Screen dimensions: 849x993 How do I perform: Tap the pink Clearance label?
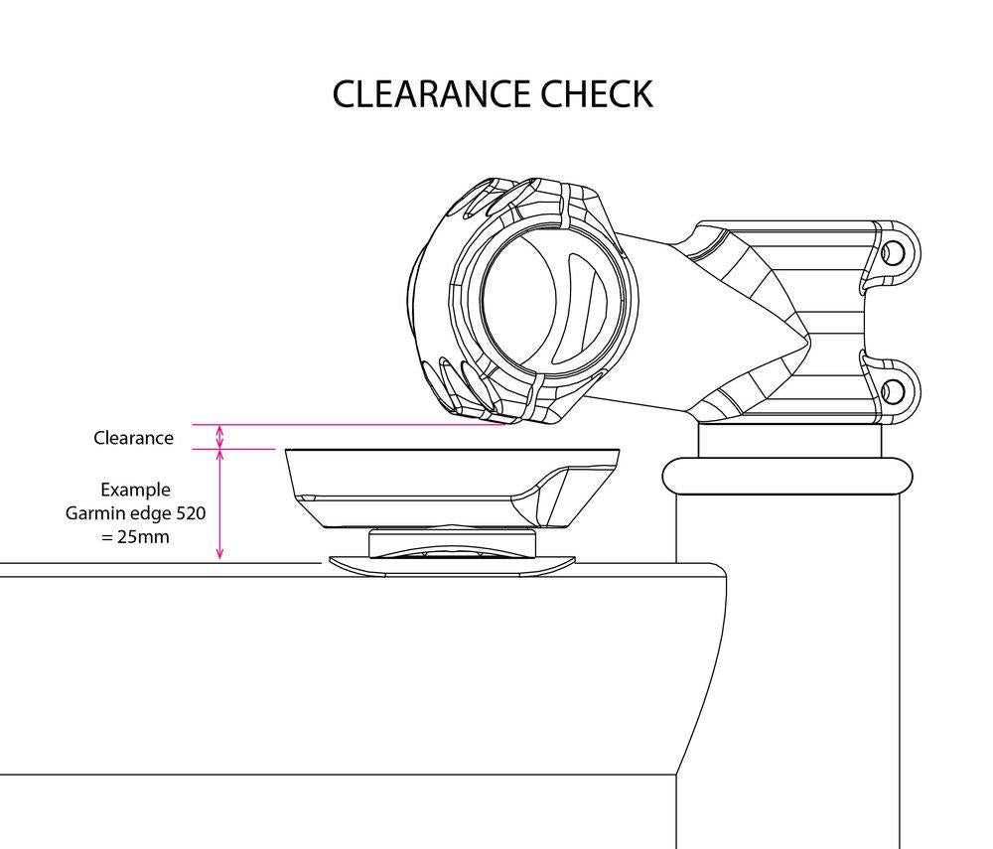[133, 438]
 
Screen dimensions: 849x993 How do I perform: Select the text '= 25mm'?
[135, 536]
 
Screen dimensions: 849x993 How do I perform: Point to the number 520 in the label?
[190, 513]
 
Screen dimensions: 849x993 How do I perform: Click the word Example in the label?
[135, 491]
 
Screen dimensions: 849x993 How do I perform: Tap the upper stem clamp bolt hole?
[892, 252]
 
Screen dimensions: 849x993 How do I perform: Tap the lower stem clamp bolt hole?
[892, 387]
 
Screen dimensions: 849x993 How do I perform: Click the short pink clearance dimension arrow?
[220, 437]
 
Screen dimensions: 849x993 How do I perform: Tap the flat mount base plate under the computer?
[452, 565]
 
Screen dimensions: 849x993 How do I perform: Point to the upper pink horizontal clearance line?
[348, 425]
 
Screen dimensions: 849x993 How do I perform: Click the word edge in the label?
[151, 513]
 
